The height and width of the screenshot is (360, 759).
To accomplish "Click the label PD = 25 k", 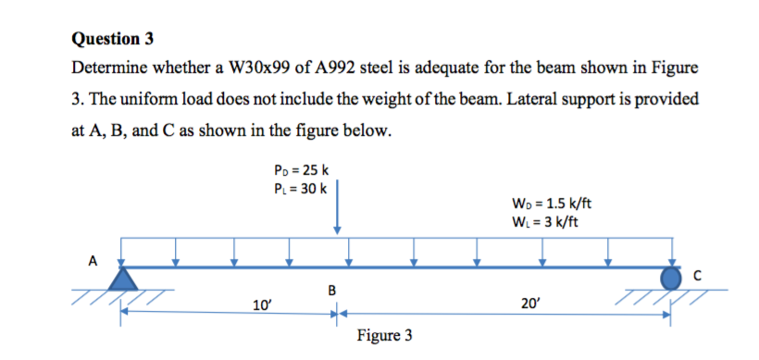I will click(296, 170).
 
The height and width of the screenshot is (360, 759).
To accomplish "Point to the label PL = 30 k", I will click(296, 189).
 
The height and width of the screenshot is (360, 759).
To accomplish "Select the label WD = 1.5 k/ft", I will click(552, 204).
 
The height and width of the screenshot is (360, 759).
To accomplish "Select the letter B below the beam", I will click(331, 294).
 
